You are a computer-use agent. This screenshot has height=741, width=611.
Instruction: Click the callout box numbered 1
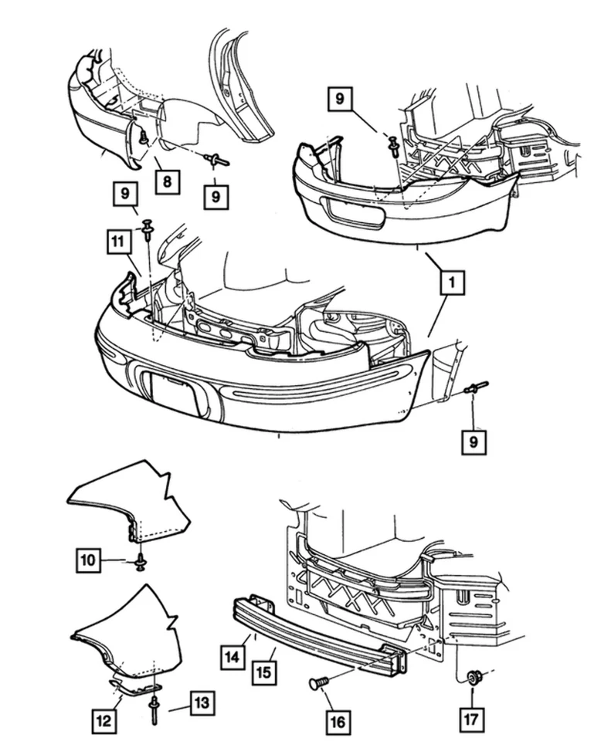tap(452, 283)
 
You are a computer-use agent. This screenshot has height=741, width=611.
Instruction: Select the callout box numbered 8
tap(167, 182)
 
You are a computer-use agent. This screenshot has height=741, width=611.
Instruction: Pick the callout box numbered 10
tap(89, 560)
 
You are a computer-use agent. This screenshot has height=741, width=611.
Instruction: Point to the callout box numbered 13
tap(202, 703)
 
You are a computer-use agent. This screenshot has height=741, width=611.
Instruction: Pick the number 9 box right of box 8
tap(216, 197)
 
